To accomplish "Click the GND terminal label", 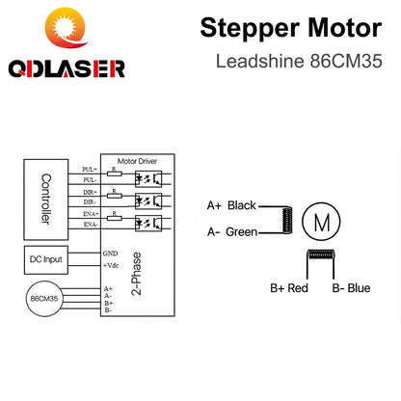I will click(110, 253).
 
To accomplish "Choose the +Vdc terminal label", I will click(112, 264).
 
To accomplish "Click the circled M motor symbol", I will click(318, 221).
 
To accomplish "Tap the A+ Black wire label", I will click(229, 206).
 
